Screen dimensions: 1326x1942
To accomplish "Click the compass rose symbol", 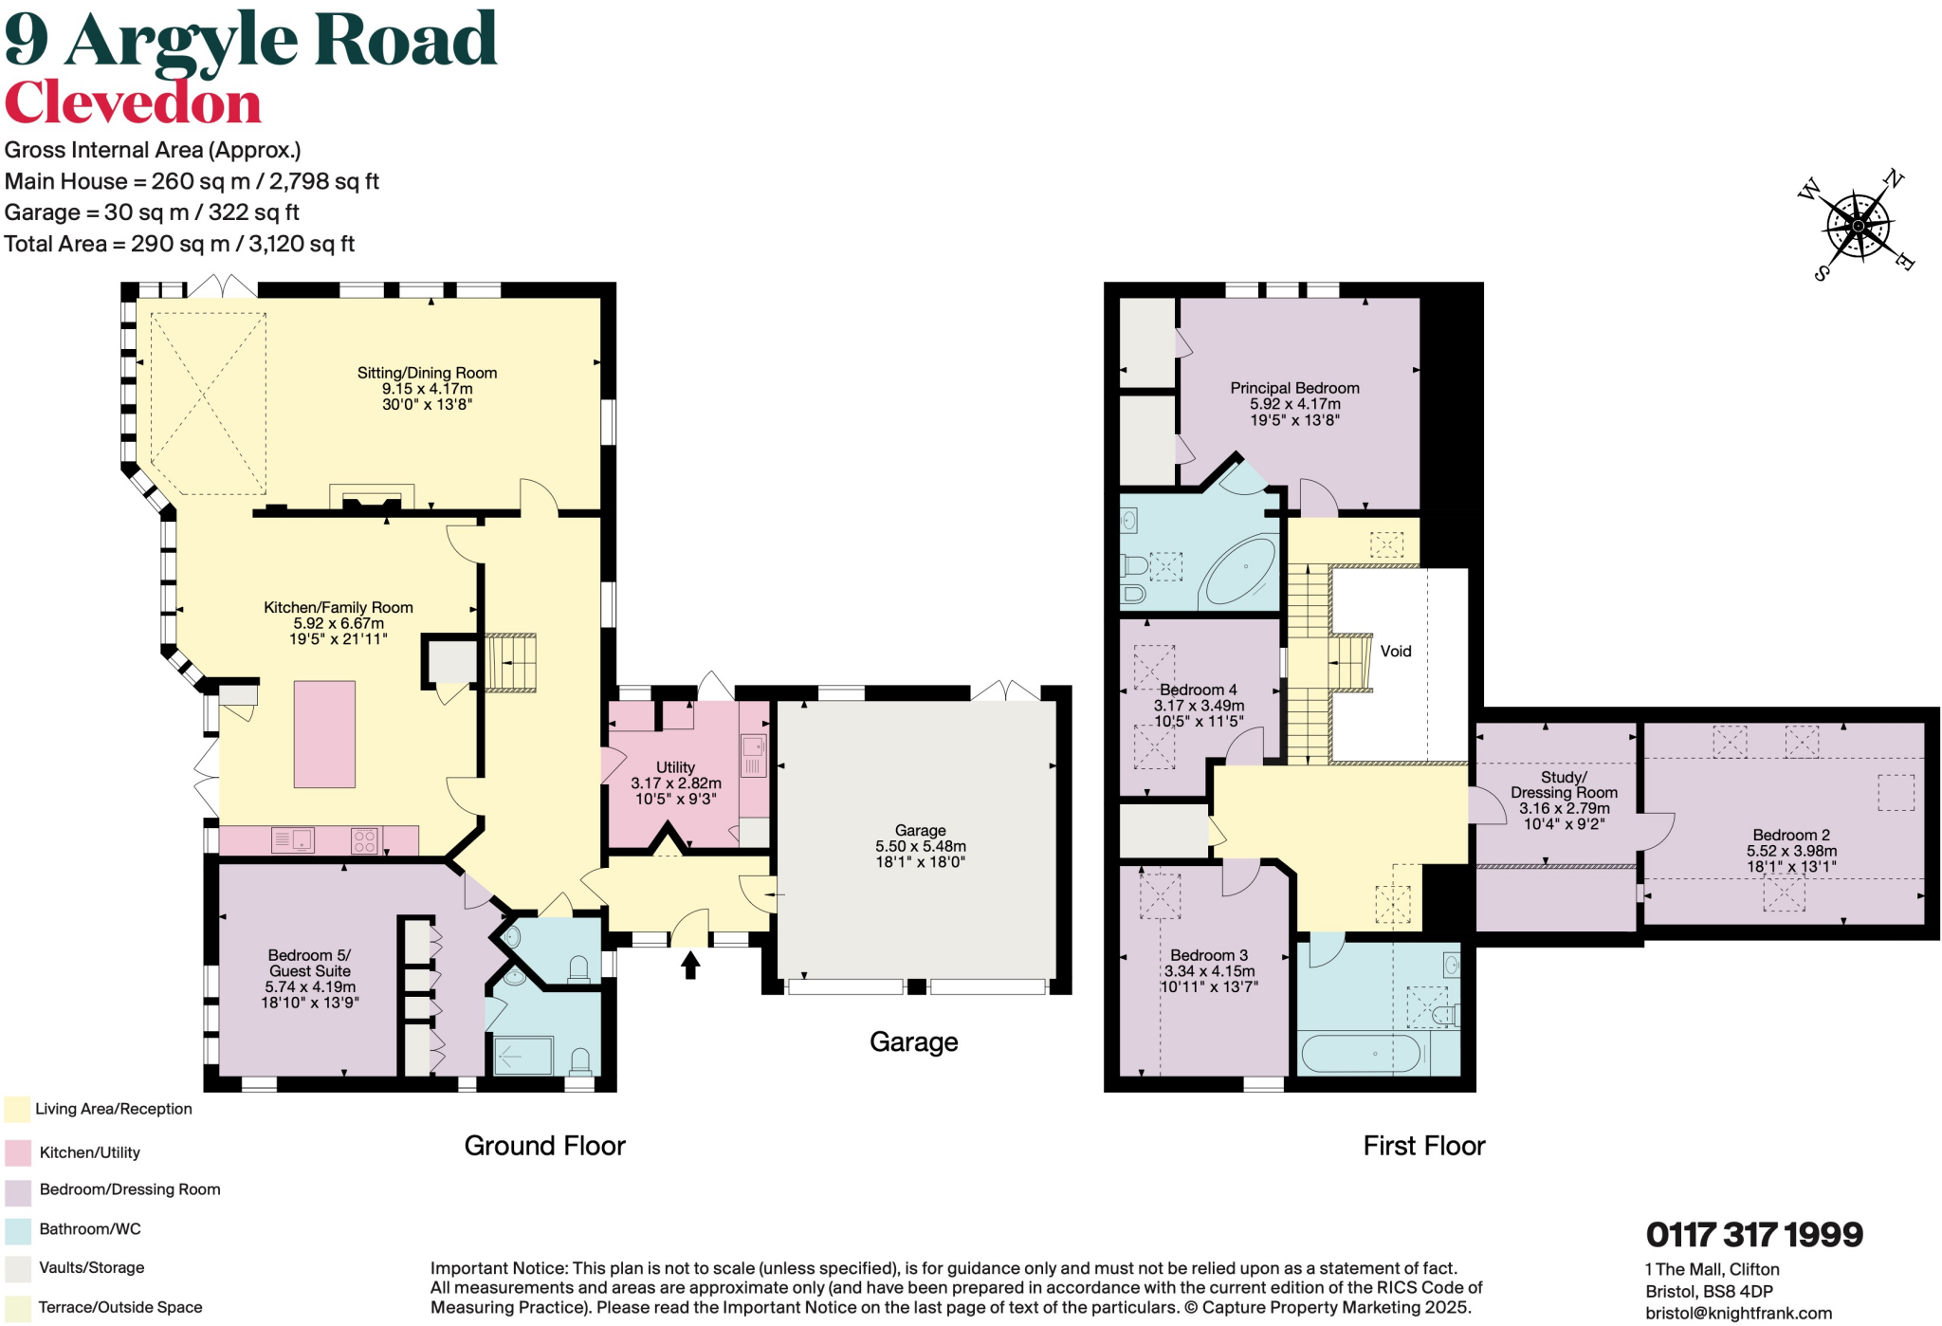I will pyautogui.click(x=1858, y=226).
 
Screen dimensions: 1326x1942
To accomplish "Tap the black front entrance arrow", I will pyautogui.click(x=690, y=965).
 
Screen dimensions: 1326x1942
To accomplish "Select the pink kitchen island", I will pyautogui.click(x=324, y=734).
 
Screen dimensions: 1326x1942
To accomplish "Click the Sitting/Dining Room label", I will pyautogui.click(x=427, y=373).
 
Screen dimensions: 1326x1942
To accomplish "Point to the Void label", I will pyautogui.click(x=1395, y=651).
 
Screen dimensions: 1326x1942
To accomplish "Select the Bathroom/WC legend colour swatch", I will pyautogui.click(x=18, y=1230).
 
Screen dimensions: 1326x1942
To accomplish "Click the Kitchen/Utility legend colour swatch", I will pyautogui.click(x=18, y=1152).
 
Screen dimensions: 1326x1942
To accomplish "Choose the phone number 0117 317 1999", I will pyautogui.click(x=1754, y=1235).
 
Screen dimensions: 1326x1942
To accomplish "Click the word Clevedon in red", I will pyautogui.click(x=133, y=102).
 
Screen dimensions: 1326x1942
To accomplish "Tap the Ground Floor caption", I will pyautogui.click(x=544, y=1146).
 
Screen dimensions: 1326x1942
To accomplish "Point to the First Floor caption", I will pyautogui.click(x=1423, y=1146).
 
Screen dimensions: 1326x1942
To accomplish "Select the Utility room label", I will pyautogui.click(x=675, y=766).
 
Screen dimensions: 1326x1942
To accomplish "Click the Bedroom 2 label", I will pyautogui.click(x=1790, y=835).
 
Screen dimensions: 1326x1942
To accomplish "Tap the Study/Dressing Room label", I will pyautogui.click(x=1563, y=784).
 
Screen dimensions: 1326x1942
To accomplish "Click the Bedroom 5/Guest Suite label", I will pyautogui.click(x=309, y=963).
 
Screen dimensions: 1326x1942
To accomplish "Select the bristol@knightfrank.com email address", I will pyautogui.click(x=1738, y=1314).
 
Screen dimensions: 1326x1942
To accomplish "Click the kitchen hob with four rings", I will pyautogui.click(x=364, y=840).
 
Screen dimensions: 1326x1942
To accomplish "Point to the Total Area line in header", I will pyautogui.click(x=179, y=244).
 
